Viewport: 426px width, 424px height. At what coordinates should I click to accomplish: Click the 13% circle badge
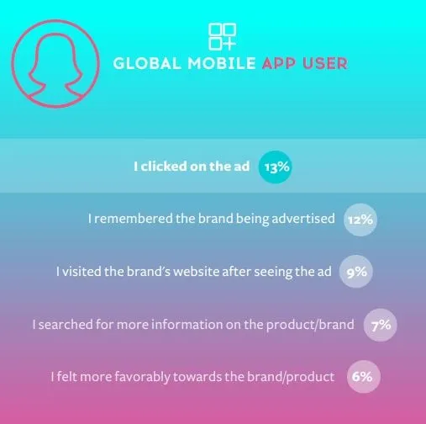275,167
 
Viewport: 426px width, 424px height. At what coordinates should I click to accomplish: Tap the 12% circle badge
360,220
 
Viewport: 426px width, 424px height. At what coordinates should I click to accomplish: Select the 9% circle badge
356,272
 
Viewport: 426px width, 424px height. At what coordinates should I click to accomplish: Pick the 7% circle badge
381,325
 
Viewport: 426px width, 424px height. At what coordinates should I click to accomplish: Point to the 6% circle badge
364,377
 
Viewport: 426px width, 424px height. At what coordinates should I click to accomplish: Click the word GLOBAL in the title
147,63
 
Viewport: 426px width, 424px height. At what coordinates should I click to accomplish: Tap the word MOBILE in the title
222,63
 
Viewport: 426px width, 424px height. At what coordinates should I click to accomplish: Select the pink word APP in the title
279,63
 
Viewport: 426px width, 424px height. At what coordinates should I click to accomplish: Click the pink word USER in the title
325,63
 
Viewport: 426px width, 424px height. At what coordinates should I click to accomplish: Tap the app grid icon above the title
223,37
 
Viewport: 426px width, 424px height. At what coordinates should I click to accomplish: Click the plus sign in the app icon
229,44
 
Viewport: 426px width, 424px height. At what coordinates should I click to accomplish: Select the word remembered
134,219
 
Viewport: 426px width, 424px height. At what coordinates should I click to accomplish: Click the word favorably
142,377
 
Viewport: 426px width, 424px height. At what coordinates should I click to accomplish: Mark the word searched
66,325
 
